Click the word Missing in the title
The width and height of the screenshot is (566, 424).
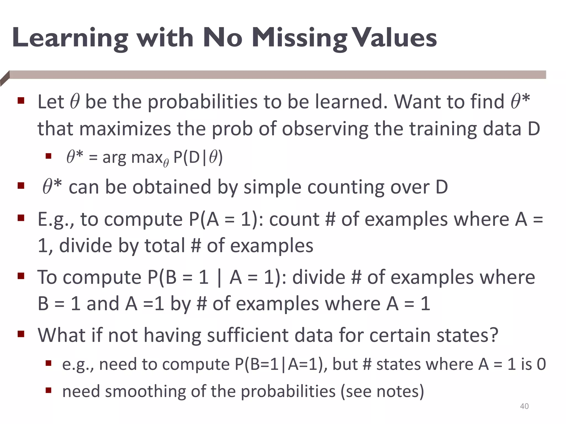tap(300, 39)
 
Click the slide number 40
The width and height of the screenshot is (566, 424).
tap(524, 406)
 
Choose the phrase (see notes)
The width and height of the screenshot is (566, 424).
tap(382, 391)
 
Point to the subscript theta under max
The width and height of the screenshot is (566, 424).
tap(166, 163)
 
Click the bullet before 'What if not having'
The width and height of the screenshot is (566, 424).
tap(21, 334)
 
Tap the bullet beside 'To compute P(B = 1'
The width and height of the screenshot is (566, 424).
tap(21, 276)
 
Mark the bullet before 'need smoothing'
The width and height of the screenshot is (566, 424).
tap(49, 390)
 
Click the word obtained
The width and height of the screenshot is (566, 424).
tap(172, 187)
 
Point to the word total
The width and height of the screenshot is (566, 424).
tap(165, 246)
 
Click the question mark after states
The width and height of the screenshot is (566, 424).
tap(493, 335)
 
